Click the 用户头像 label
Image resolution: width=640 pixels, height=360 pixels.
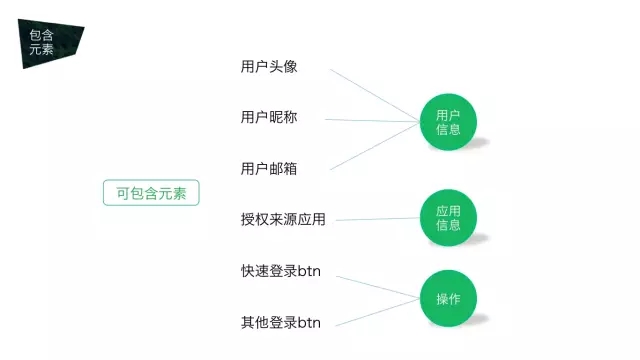tap(269, 67)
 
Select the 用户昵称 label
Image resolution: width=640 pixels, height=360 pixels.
tap(269, 118)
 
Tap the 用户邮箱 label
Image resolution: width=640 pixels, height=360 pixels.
tap(269, 168)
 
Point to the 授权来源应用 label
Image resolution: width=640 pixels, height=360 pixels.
tap(283, 219)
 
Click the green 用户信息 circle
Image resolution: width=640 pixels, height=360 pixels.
tap(447, 122)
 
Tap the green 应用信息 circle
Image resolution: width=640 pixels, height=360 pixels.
tap(447, 218)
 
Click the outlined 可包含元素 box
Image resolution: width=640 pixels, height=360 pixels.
tap(151, 193)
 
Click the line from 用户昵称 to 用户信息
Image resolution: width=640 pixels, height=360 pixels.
tap(372, 121)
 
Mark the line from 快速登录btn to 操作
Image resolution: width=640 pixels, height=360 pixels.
tap(375, 285)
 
